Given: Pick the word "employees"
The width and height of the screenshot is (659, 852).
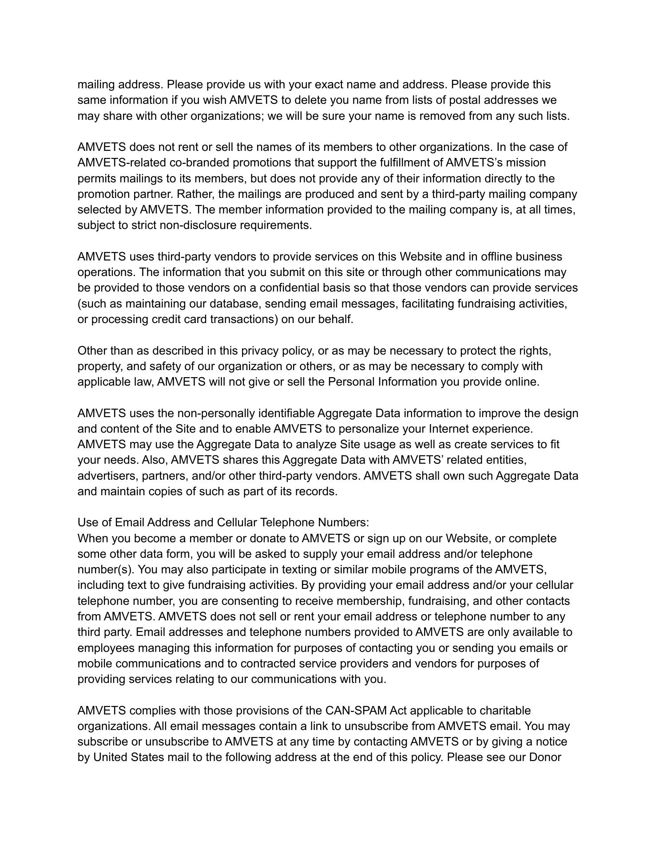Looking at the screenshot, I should coord(106,648).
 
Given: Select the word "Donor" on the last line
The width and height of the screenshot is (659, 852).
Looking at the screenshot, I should coord(545,757).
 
